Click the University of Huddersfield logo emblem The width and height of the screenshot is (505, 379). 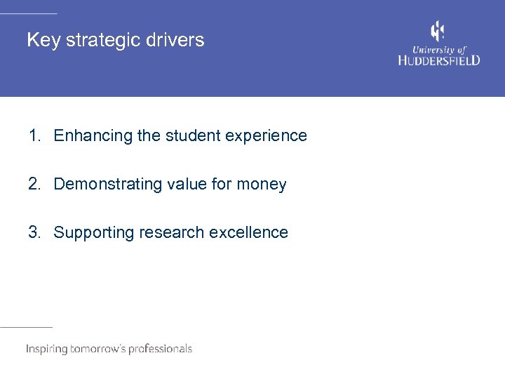pos(438,32)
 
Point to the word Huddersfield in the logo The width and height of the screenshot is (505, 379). pos(439,60)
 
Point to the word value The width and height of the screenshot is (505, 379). pos(188,184)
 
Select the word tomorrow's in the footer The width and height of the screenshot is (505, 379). pos(97,349)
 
